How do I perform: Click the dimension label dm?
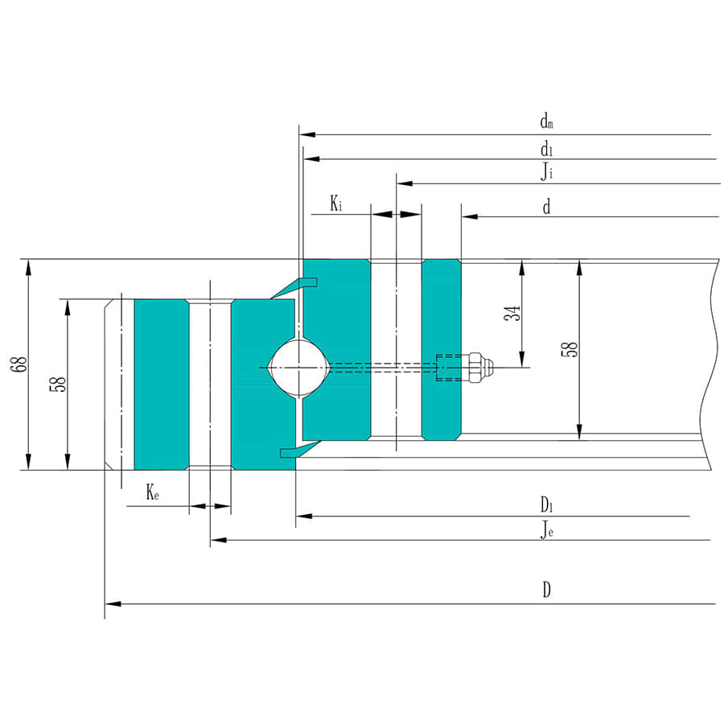(x=546, y=123)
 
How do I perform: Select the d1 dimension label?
(x=546, y=148)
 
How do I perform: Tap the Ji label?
(x=546, y=171)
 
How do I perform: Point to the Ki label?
(x=336, y=204)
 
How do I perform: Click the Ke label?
(x=152, y=493)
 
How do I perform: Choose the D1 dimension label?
(x=546, y=504)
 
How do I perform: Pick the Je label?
(x=546, y=529)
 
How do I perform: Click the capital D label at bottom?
(x=546, y=590)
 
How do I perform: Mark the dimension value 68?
(x=18, y=364)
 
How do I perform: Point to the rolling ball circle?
(x=297, y=367)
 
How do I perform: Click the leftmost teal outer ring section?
(x=160, y=384)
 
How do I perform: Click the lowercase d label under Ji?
(x=546, y=208)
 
